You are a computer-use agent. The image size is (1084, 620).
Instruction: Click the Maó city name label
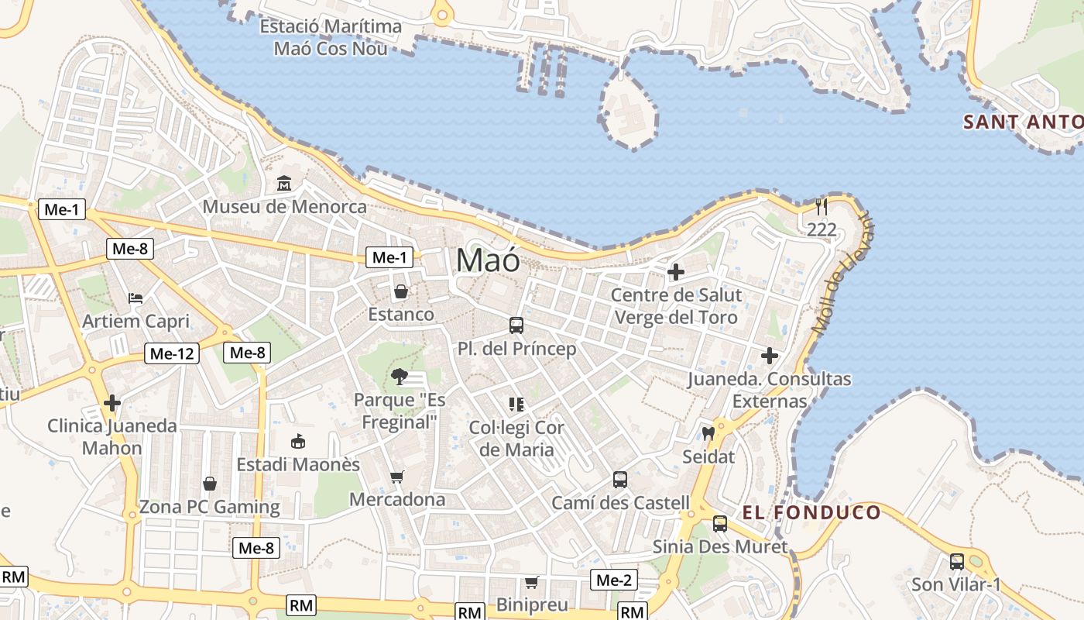pos(488,260)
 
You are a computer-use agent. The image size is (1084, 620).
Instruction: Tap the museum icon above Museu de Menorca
pos(284,184)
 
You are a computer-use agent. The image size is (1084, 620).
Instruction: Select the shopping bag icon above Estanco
pos(401,291)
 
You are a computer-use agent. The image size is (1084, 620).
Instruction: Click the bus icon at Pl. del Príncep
pos(516,325)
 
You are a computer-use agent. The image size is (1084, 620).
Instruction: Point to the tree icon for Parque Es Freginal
pos(400,377)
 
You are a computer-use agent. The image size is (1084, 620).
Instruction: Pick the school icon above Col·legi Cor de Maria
pos(516,404)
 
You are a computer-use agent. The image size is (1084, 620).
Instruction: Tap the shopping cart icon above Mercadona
pos(397,477)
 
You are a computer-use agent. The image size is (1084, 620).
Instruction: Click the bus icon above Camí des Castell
pos(620,479)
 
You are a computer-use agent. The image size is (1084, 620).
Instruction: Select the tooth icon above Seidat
pos(708,433)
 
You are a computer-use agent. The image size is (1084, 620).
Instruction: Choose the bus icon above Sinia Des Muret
pos(720,523)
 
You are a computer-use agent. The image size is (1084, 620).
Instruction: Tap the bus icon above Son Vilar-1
pos(957,561)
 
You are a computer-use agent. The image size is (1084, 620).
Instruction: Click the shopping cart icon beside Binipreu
pos(532,581)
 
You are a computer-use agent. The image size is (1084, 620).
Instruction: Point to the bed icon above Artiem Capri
pos(135,298)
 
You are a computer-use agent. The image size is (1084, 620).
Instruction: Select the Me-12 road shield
pos(172,353)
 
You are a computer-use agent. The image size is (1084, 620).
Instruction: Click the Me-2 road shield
pos(614,580)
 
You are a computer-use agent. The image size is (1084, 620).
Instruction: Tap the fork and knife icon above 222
pos(822,206)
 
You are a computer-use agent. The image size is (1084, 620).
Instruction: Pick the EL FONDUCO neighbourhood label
pos(811,512)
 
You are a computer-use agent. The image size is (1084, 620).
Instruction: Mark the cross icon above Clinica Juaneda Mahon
pos(112,403)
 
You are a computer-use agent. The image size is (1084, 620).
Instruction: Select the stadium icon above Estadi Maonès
pos(297,442)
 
